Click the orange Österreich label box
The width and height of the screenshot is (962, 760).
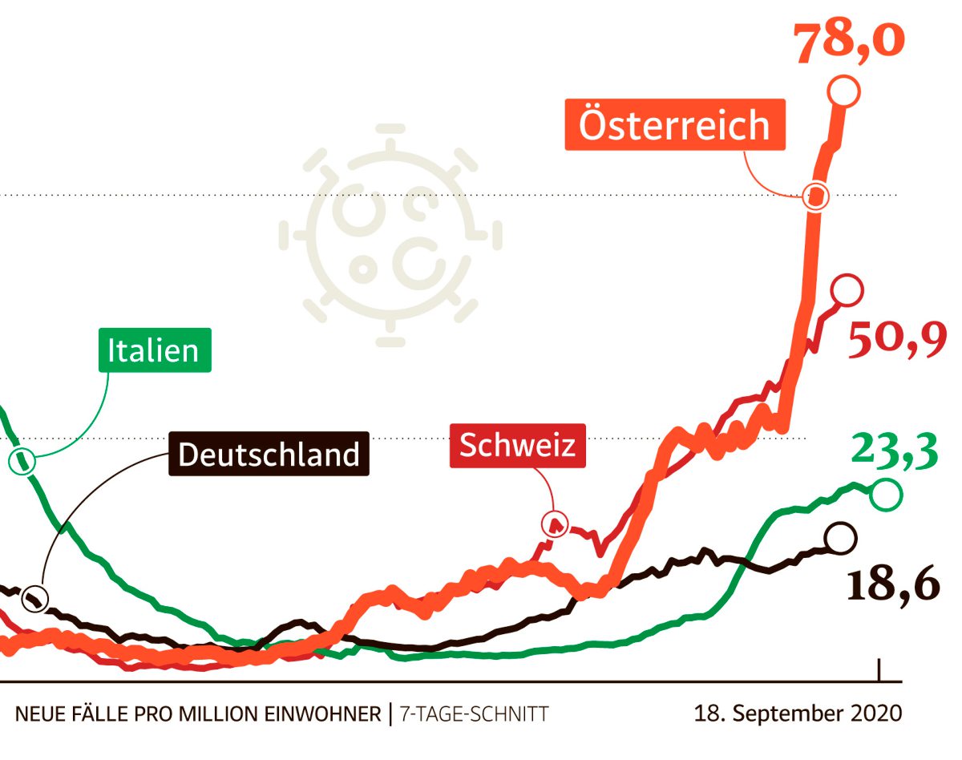point(674,125)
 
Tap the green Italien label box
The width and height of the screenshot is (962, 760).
point(154,350)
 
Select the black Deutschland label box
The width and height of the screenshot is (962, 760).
point(269,454)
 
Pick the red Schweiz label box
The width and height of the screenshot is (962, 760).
point(517,445)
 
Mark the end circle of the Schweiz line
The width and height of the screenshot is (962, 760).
point(847,289)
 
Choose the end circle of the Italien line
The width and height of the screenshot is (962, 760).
point(886,495)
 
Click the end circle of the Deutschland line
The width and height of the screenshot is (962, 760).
point(839,538)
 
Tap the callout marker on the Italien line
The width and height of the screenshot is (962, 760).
point(22,461)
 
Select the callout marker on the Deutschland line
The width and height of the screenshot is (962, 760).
point(34,598)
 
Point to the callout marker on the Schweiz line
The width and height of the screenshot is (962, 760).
point(554,524)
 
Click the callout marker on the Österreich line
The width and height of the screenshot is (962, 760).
point(816,195)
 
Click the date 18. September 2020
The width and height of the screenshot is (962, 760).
point(798,713)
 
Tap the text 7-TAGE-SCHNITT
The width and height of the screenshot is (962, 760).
point(474,713)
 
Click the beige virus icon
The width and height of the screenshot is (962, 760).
point(390,236)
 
